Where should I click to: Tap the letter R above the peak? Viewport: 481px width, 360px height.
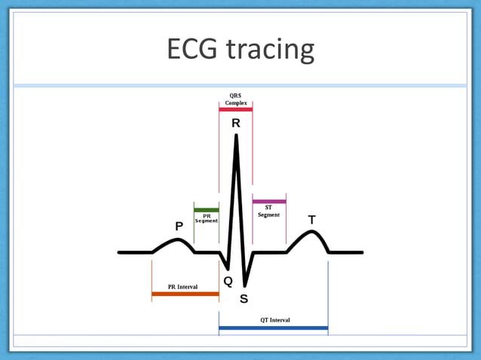(236, 123)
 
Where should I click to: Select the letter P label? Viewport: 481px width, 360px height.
(179, 226)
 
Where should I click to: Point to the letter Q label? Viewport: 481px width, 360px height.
(228, 281)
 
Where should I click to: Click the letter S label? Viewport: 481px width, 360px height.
(244, 298)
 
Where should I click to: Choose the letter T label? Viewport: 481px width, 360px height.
(311, 220)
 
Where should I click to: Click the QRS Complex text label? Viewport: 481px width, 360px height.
(236, 99)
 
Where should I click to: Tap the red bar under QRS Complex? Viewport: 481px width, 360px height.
(236, 109)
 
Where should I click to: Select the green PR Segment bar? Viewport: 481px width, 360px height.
(207, 209)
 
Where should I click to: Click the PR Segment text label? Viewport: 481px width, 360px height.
(207, 218)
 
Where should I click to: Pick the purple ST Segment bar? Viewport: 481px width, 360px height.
(269, 201)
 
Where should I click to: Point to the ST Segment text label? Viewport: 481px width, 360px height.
(269, 211)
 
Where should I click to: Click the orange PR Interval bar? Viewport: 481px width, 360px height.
(185, 294)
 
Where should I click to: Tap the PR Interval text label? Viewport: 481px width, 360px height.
(182, 287)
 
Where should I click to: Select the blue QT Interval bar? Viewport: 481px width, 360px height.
(273, 328)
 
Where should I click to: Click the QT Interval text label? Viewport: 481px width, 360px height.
(275, 320)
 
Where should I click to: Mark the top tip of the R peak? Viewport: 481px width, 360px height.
(237, 136)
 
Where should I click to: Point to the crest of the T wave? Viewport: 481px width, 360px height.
(312, 231)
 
